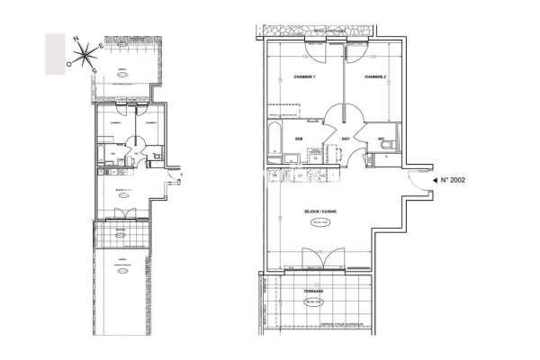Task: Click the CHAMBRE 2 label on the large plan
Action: coord(375,78)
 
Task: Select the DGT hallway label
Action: coord(345,139)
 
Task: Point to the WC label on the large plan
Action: coord(381,139)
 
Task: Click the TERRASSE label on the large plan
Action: coord(313,292)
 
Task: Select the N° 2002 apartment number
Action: coord(458,181)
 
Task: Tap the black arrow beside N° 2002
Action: coord(436,181)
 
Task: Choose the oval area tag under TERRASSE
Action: coord(314,302)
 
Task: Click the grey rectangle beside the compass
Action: coord(54,52)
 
